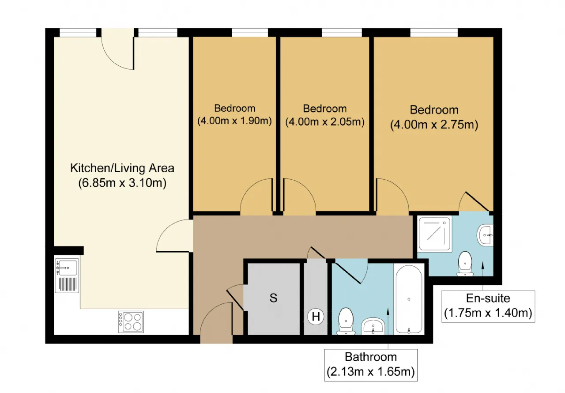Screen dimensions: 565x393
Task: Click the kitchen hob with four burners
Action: coord(131,321)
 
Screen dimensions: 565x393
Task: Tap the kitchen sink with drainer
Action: coord(67,276)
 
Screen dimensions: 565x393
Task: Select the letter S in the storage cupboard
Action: coord(273,298)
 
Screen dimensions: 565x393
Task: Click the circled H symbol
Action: coord(316,316)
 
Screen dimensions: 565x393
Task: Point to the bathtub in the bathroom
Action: coord(409,300)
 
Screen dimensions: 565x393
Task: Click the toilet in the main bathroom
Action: coord(346,321)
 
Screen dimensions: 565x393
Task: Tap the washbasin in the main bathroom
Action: coord(373,326)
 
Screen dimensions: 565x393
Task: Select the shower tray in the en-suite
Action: coord(435,234)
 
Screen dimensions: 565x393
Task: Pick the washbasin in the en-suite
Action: coord(485,235)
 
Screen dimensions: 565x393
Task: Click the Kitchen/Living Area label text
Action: coord(122,168)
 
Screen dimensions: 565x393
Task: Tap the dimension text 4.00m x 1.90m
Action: coord(234,121)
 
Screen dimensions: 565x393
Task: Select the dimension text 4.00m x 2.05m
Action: coord(325,122)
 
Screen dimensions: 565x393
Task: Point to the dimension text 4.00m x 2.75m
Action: coord(434,125)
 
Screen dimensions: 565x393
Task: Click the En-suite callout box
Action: coord(488,306)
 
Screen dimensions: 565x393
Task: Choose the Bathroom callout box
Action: coord(371,365)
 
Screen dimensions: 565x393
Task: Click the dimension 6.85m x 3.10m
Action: coord(122,183)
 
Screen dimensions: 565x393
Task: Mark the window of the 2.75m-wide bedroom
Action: coord(434,33)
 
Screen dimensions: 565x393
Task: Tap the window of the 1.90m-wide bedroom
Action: coord(250,33)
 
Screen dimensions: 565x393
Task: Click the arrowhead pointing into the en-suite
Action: coord(483,265)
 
